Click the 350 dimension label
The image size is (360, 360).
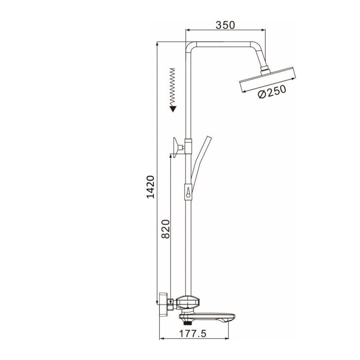pos(225,25)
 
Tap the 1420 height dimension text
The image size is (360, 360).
pos(150,187)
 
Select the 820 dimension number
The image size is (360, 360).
pos(165,229)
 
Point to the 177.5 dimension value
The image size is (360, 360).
pos(193,333)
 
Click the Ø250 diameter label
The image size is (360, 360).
pos(272,92)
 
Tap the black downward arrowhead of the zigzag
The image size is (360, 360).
pos(173,109)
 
